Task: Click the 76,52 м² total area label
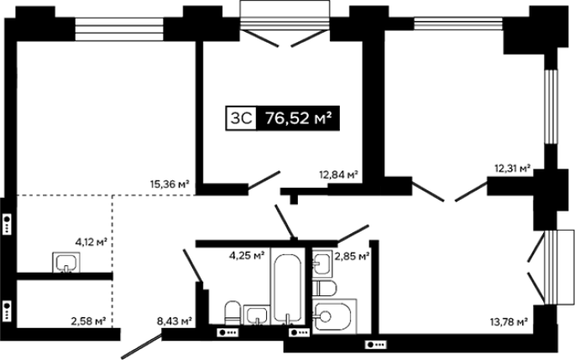point(299,118)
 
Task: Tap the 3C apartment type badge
point(241,118)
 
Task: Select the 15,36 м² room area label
point(170,184)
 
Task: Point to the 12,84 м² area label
point(338,175)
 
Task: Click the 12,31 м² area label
point(513,169)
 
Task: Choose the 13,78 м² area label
point(509,322)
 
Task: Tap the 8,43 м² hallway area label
point(175,321)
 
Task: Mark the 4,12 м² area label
point(91,242)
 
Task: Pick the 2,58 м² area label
point(88,321)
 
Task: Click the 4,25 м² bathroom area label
point(247,255)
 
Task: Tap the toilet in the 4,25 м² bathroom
point(233,313)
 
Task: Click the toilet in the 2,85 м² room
point(325,288)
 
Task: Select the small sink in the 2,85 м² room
point(322,263)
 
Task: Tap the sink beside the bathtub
point(256,316)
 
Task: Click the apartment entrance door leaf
point(142,346)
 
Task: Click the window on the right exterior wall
point(550,107)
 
